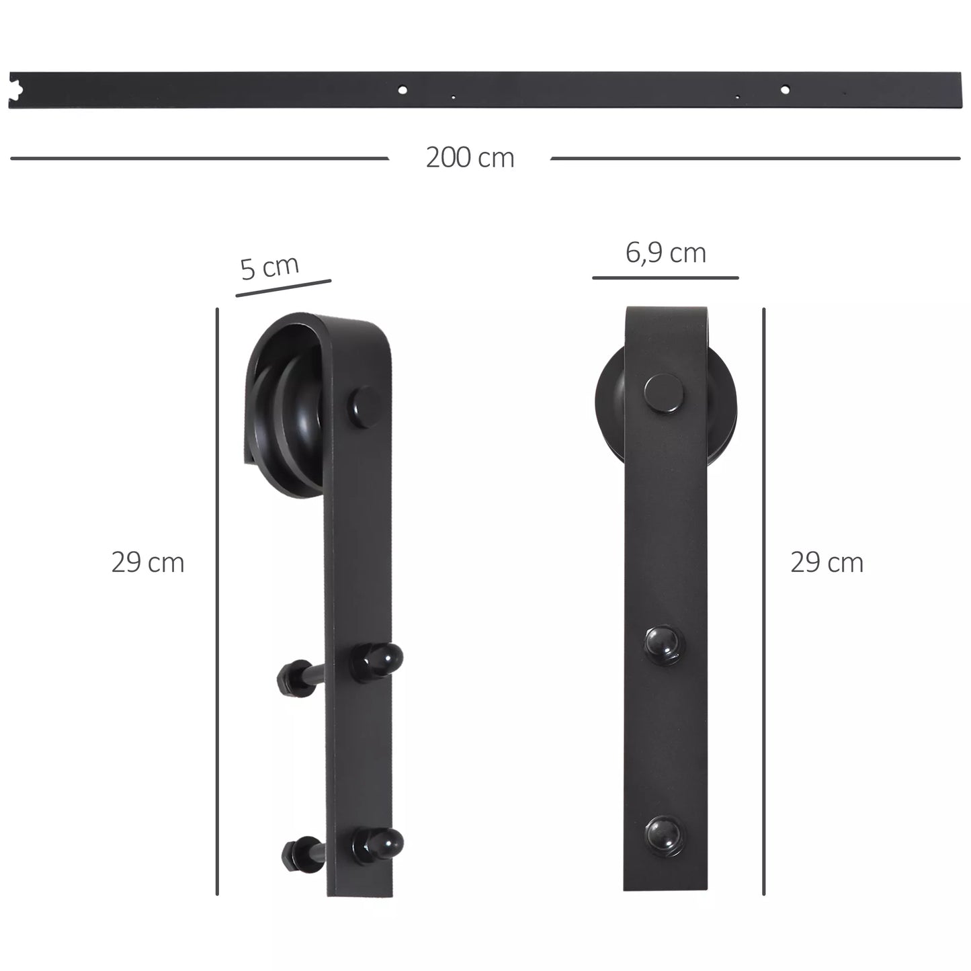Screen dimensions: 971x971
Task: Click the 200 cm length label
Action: [x=470, y=158]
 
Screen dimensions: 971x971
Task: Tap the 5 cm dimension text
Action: [x=269, y=267]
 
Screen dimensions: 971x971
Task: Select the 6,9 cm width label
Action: [x=665, y=253]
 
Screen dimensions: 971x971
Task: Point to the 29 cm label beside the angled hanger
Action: [x=148, y=562]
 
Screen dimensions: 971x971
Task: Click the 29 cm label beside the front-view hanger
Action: [x=827, y=562]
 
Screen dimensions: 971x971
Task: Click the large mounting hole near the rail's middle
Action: [x=402, y=89]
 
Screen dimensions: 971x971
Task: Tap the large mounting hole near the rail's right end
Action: [x=784, y=89]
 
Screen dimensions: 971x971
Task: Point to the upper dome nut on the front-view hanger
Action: [x=663, y=644]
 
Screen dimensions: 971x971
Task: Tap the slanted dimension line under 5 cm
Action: [x=284, y=288]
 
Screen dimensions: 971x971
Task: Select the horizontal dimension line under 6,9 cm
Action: [x=665, y=278]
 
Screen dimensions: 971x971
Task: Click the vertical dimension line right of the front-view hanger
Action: [x=764, y=601]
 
